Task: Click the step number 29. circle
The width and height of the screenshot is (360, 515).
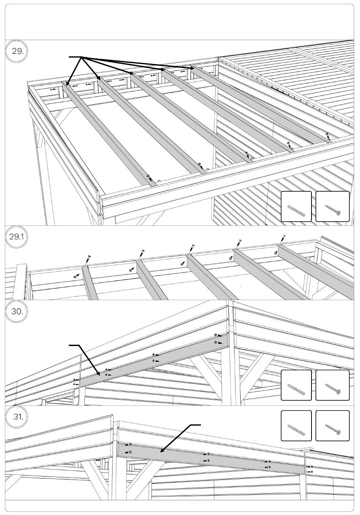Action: (x=17, y=52)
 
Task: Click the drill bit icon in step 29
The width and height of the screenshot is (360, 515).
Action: (x=296, y=207)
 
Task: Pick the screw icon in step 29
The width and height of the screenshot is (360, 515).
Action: (x=332, y=207)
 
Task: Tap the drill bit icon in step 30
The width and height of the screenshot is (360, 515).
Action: (x=296, y=385)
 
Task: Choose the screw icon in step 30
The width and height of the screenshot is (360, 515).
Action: (x=332, y=385)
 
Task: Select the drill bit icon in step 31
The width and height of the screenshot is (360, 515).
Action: (x=296, y=426)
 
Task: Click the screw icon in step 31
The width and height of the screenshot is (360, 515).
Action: (x=332, y=426)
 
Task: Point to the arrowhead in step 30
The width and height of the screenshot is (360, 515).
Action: (x=99, y=374)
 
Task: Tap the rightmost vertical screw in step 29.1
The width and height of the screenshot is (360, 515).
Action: (x=283, y=239)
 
